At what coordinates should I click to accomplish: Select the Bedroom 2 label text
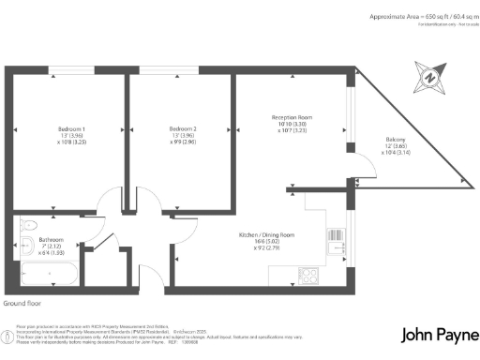[x=183, y=128]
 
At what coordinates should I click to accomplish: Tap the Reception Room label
[x=292, y=116]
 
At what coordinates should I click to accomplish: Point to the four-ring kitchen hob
[x=309, y=275]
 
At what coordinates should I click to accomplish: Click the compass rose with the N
[x=428, y=76]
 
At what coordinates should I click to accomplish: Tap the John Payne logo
[x=436, y=335]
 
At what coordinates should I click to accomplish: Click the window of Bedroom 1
[x=70, y=67]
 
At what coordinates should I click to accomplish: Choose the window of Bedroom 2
[x=180, y=67]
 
